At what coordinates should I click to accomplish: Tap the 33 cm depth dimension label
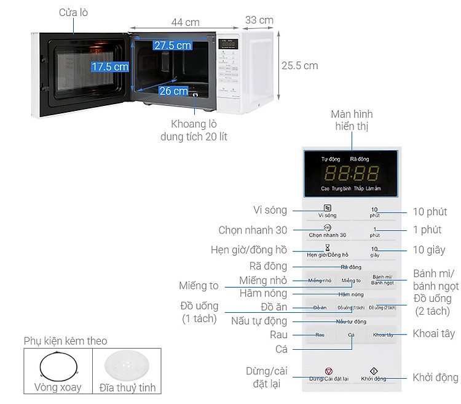pyautogui.click(x=259, y=20)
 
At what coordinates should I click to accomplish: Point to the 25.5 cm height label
pyautogui.click(x=299, y=65)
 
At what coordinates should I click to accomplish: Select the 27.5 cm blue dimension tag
pyautogui.click(x=172, y=45)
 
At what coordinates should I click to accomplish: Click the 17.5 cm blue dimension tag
pyautogui.click(x=110, y=67)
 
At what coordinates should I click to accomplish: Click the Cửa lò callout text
pyautogui.click(x=73, y=12)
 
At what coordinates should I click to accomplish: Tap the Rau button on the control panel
pyautogui.click(x=320, y=335)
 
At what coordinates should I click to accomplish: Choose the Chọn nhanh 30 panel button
pyautogui.click(x=328, y=232)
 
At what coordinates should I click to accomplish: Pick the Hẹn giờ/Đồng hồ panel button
pyautogui.click(x=328, y=251)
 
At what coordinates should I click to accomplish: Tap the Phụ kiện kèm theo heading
pyautogui.click(x=65, y=341)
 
